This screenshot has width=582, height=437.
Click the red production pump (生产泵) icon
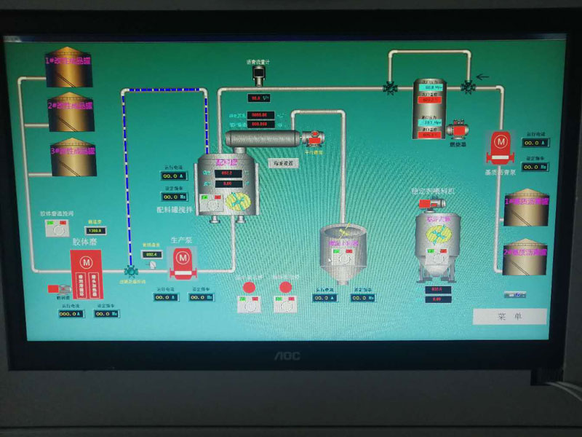(181, 263)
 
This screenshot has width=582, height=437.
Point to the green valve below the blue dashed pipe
(131, 271)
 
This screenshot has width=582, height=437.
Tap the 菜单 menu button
(509, 317)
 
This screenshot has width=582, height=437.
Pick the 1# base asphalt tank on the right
(525, 209)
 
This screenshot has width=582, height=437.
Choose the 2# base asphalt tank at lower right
(525, 257)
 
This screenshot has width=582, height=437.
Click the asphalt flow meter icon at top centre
(256, 74)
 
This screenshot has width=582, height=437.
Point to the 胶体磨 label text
(83, 240)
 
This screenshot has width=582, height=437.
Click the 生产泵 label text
(181, 240)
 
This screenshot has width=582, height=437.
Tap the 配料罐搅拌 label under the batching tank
(175, 210)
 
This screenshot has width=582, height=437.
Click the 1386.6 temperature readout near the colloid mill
(95, 231)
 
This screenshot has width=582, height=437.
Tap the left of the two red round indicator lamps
(249, 288)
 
